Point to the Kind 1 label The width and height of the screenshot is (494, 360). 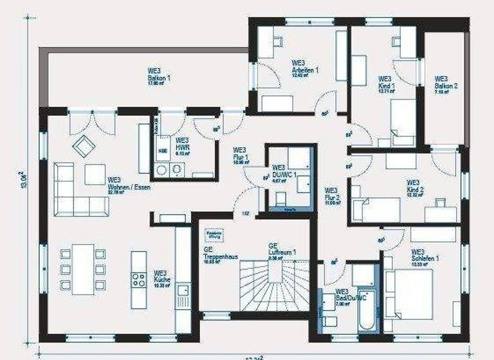tap(387, 85)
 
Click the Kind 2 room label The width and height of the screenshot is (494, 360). tap(415, 190)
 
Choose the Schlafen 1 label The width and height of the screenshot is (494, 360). tap(425, 258)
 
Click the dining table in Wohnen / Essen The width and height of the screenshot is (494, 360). tap(82, 269)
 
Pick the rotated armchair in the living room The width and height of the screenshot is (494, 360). tap(82, 146)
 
